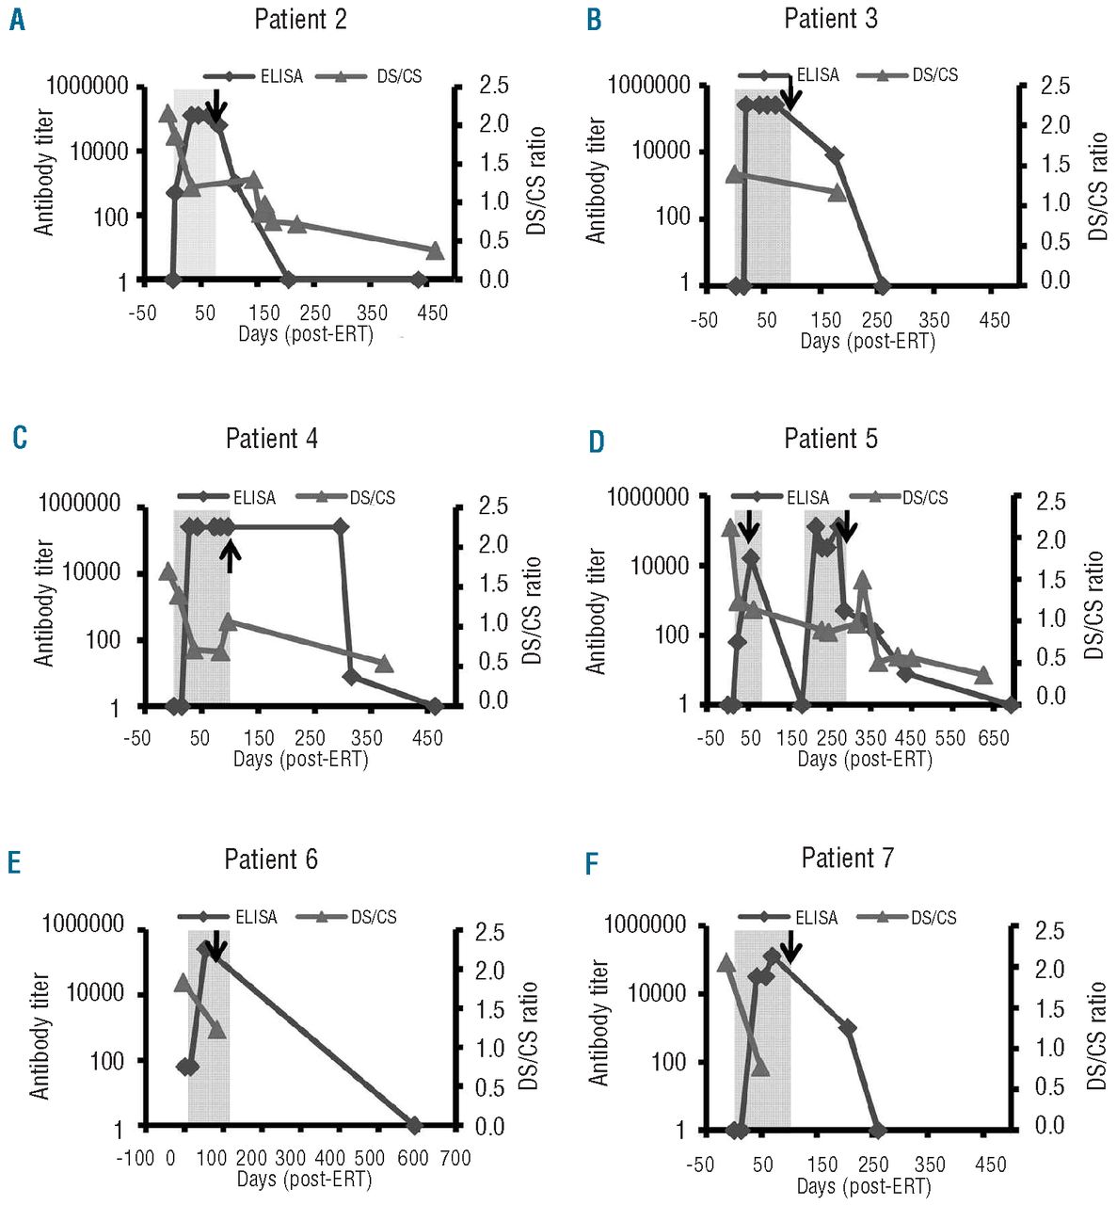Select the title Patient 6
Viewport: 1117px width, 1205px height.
[271, 860]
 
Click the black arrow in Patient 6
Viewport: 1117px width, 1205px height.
[215, 946]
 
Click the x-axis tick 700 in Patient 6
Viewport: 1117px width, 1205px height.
[455, 1157]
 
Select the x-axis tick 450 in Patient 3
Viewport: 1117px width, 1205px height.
[994, 320]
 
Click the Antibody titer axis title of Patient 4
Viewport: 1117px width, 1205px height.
[44, 603]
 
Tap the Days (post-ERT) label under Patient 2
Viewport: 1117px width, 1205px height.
[305, 334]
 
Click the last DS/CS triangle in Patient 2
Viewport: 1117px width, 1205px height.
[435, 250]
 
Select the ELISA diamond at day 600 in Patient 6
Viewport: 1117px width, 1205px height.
[413, 1125]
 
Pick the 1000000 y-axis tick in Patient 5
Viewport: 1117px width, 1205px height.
[648, 496]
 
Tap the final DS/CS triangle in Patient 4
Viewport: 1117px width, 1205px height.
[384, 664]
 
